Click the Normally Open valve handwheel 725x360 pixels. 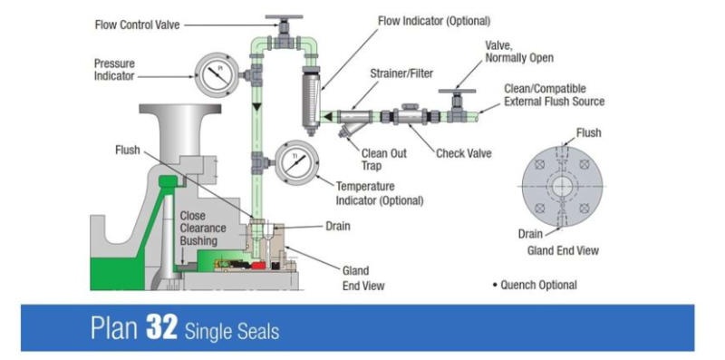tap(450, 92)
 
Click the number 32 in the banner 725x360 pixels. tap(155, 328)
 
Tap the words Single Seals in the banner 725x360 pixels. tap(232, 331)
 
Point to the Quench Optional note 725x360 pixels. tap(539, 285)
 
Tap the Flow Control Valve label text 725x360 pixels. tap(137, 24)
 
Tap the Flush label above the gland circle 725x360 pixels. tap(589, 133)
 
